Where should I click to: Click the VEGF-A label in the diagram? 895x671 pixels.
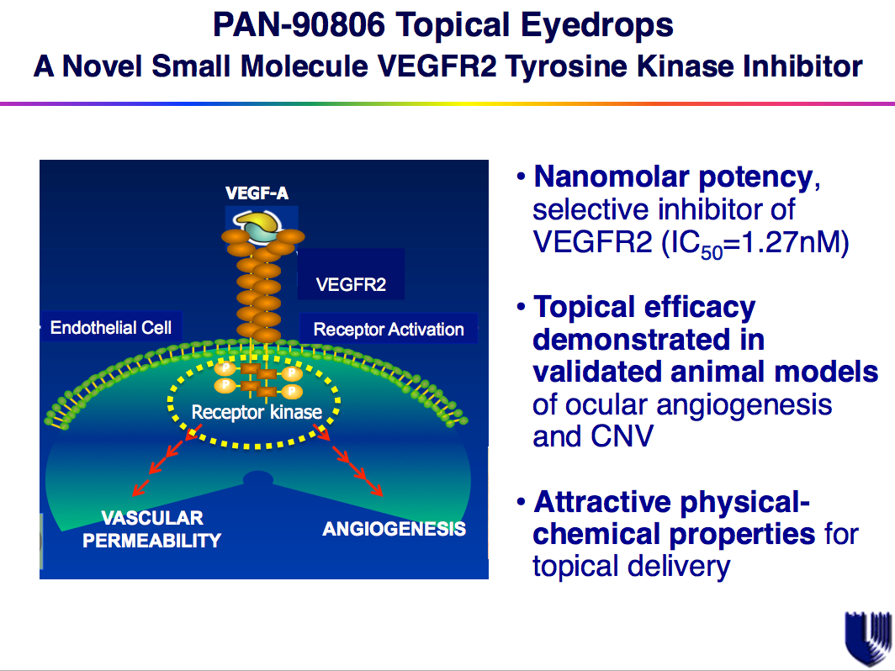click(x=257, y=193)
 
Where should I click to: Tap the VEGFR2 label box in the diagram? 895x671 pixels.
click(x=351, y=284)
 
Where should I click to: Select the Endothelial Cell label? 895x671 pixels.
click(x=110, y=327)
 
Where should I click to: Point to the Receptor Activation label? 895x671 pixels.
click(x=389, y=329)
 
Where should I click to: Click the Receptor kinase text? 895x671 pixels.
click(x=257, y=412)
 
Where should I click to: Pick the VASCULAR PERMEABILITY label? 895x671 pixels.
click(x=152, y=529)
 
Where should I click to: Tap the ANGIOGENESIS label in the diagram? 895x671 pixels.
click(x=394, y=529)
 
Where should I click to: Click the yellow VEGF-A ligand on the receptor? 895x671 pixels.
click(x=257, y=224)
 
